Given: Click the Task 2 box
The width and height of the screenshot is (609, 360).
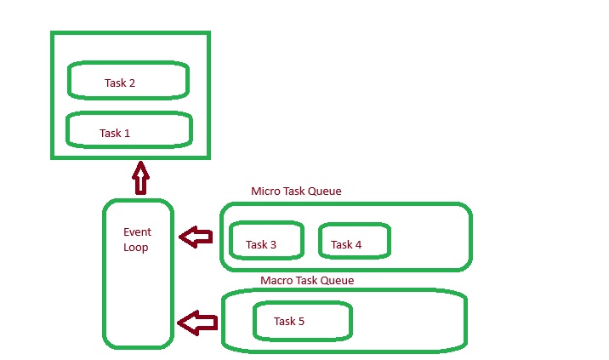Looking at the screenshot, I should point(128,80).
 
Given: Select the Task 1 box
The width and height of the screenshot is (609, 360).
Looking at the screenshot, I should point(128,130).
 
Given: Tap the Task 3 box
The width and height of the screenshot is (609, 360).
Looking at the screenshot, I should point(266,241).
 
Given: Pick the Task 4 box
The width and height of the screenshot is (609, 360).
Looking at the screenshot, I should point(354,241).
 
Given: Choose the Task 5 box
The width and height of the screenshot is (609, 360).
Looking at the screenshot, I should point(302,321).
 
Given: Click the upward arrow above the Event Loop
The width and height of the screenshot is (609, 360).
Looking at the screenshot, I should point(140,180).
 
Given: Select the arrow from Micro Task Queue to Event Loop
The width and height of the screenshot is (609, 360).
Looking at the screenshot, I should point(196,237).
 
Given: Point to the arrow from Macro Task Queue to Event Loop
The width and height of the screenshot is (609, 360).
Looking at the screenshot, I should point(197,323).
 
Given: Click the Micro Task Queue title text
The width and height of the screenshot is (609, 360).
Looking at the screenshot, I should point(296,191).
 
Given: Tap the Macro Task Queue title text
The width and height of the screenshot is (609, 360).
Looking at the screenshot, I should point(307,280).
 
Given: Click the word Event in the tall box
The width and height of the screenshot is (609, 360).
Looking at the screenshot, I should point(137,231).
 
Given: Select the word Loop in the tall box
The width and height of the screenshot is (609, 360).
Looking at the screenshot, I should point(135,248).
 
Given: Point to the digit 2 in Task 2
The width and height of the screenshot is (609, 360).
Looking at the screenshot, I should point(132,83).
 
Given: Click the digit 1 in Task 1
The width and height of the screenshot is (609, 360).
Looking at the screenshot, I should point(127,134).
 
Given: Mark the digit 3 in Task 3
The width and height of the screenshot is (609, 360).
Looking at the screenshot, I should point(273,245).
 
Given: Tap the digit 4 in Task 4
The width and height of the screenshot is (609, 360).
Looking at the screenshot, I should point(358,245).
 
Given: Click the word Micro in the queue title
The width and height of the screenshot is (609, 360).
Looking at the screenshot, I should point(265,191).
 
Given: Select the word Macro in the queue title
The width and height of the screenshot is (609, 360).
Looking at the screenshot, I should point(276,280).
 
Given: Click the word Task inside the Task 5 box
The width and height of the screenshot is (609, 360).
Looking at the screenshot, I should point(284,322).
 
